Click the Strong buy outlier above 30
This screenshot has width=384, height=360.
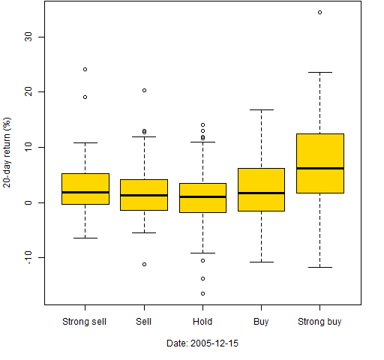(x=319, y=12)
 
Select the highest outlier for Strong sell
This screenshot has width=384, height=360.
(x=85, y=69)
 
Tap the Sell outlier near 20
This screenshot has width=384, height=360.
(x=144, y=90)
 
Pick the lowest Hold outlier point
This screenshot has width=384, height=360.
(x=202, y=293)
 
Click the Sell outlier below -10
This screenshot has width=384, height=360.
(x=144, y=264)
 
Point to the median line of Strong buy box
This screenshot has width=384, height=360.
(x=320, y=168)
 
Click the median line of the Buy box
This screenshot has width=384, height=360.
(x=261, y=193)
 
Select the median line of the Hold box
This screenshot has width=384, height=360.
(x=202, y=196)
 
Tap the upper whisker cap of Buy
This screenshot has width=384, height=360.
(x=261, y=109)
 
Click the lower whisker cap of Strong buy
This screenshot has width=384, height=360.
(x=320, y=267)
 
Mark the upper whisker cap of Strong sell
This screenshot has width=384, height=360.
(x=85, y=142)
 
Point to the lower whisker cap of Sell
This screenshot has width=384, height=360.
(x=144, y=232)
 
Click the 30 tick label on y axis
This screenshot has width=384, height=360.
(x=28, y=37)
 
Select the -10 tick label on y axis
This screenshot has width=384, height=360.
(x=28, y=257)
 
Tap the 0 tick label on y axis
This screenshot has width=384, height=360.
(x=28, y=202)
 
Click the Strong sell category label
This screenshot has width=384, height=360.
(x=84, y=322)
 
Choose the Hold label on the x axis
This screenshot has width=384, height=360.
(x=202, y=321)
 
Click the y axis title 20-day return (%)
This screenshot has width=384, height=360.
(x=7, y=152)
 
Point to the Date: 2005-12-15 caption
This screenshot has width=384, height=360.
(x=202, y=343)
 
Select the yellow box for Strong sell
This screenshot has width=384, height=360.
(x=85, y=189)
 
